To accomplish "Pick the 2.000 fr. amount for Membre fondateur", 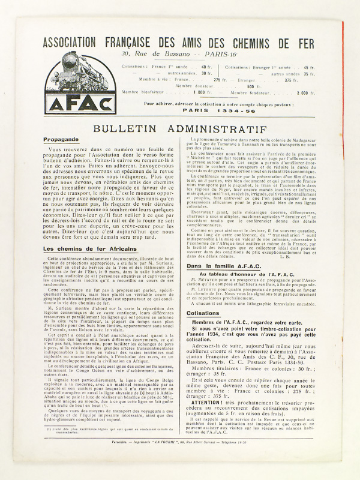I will [x=305, y=93].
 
